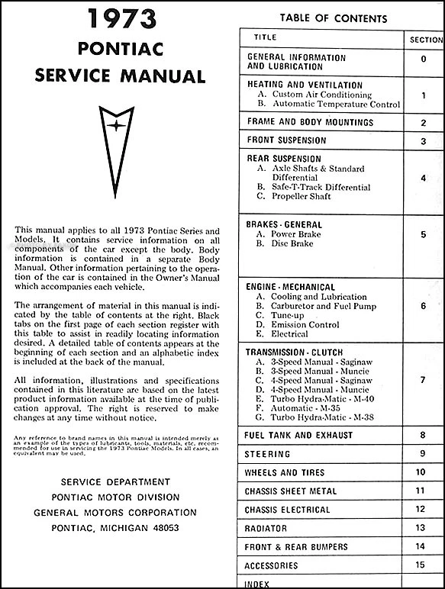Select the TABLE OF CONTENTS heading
[x=334, y=18]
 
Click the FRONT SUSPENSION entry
[x=286, y=140]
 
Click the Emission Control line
[x=304, y=324]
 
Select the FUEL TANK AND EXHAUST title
[x=299, y=435]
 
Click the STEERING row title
[x=267, y=454]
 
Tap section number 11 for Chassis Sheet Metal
[x=420, y=491]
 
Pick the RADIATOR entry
[x=266, y=528]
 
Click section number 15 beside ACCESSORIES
[x=420, y=565]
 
